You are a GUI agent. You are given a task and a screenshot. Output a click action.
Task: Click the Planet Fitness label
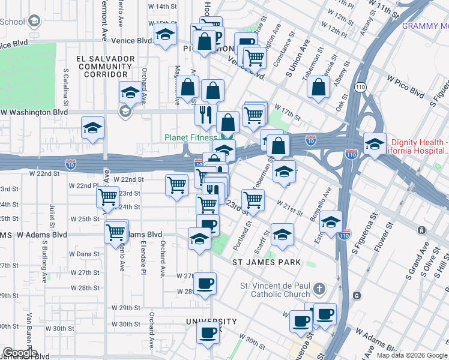(191, 137)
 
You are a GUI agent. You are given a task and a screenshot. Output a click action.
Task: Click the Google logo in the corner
(19, 353)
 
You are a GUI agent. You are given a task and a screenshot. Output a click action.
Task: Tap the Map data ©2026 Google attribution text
(412, 355)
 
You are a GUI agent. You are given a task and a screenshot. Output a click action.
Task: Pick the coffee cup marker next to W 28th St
(205, 283)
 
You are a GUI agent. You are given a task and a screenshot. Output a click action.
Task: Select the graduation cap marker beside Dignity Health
(374, 144)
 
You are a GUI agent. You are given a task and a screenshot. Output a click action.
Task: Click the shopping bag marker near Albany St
(318, 87)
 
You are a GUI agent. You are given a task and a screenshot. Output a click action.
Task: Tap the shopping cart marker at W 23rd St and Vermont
(108, 196)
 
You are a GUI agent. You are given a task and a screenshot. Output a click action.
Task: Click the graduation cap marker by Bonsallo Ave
(331, 221)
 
